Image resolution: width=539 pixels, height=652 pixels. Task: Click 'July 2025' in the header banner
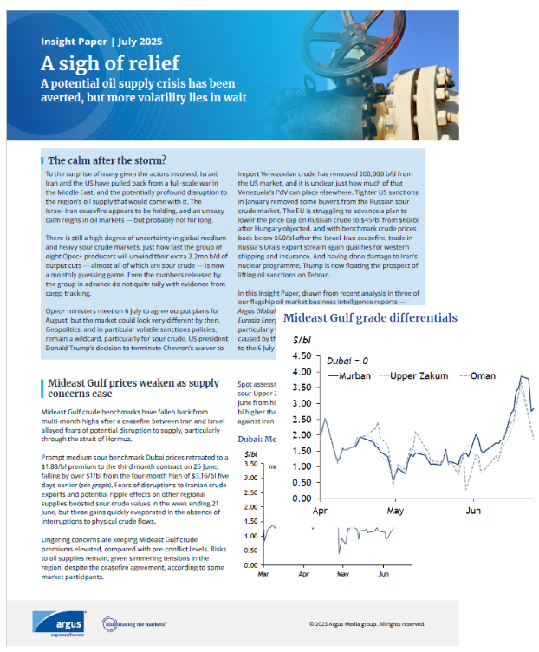[x=139, y=40]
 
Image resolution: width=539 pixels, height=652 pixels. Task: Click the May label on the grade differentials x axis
[x=395, y=512]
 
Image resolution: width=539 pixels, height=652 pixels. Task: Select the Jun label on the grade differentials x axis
[x=473, y=512]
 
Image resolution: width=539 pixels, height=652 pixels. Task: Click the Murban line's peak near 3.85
[x=523, y=376]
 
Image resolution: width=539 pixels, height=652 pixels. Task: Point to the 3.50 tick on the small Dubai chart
[x=251, y=465]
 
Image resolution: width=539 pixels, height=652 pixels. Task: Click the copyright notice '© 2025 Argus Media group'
[x=367, y=623]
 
